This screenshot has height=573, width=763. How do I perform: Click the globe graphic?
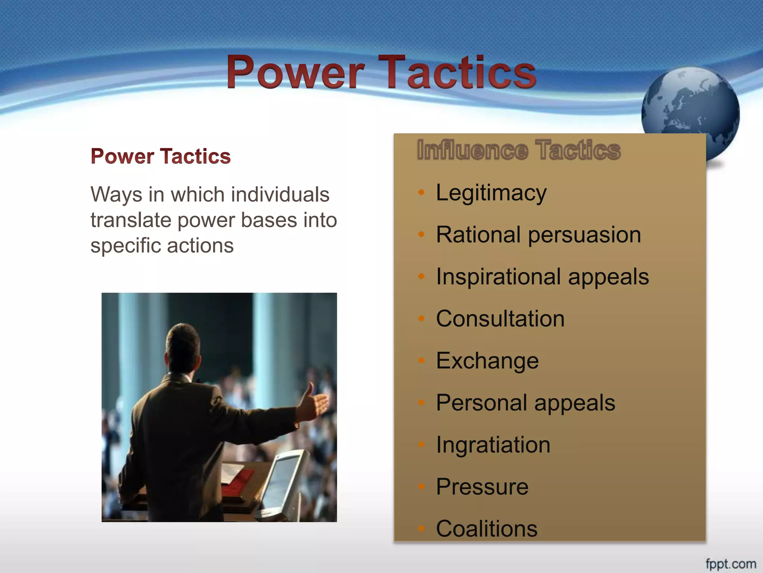[690, 112]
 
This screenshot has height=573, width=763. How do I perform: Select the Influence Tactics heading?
[518, 150]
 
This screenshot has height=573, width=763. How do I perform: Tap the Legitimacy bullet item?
[491, 193]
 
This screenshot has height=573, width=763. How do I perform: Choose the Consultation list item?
[500, 319]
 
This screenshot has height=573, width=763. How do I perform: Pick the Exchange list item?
[487, 361]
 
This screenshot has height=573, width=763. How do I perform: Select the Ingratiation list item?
[493, 445]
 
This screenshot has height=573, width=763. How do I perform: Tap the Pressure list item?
[482, 487]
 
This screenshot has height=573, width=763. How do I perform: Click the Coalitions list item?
[487, 529]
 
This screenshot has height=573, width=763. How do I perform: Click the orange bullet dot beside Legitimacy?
[421, 192]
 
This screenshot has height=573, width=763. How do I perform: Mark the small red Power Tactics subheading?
[161, 156]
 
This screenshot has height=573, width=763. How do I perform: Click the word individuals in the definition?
[280, 195]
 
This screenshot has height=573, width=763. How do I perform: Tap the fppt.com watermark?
[731, 563]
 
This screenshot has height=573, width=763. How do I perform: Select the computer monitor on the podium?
[285, 481]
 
